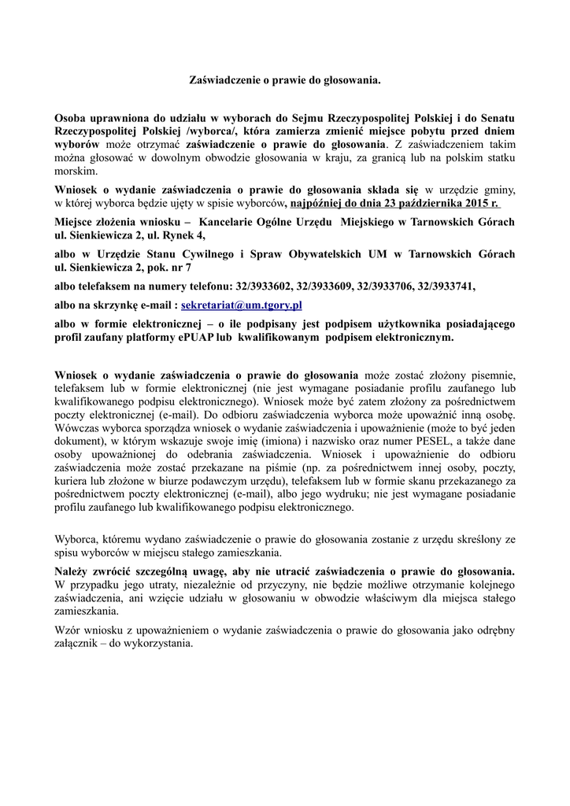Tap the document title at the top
[284, 79]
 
